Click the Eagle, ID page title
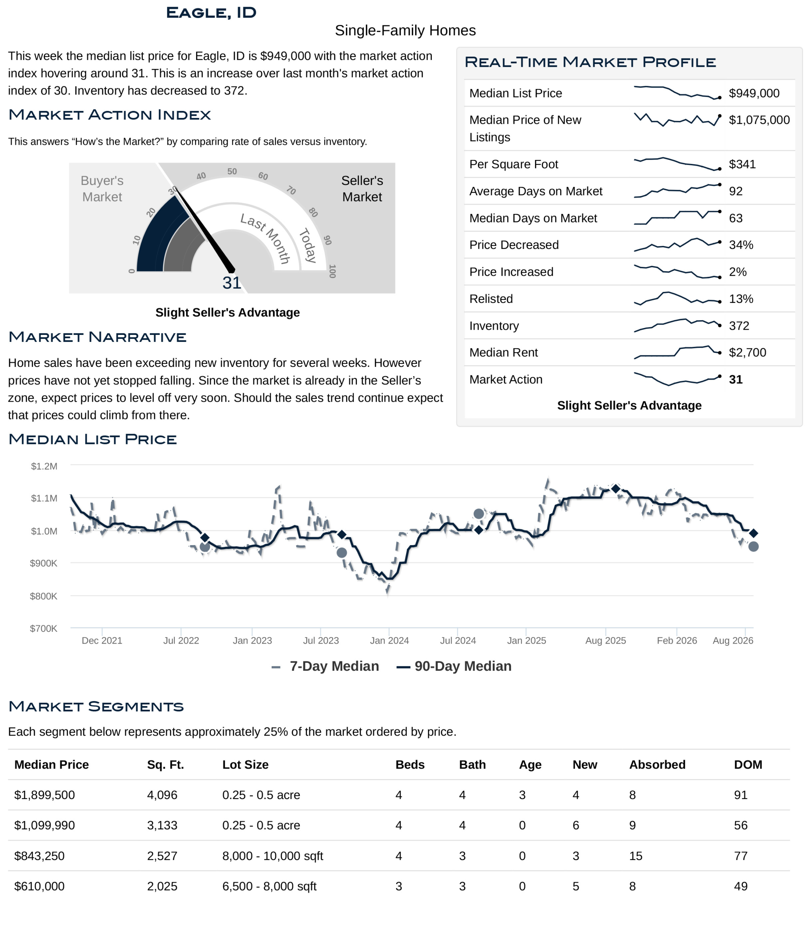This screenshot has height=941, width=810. pyautogui.click(x=211, y=13)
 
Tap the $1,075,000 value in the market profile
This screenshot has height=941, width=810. pyautogui.click(x=759, y=120)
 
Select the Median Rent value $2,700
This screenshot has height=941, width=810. pyautogui.click(x=747, y=353)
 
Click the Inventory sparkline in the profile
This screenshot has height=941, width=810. pyautogui.click(x=677, y=325)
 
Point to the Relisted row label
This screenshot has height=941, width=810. pyautogui.click(x=491, y=299)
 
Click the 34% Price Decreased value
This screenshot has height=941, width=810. pyautogui.click(x=741, y=245)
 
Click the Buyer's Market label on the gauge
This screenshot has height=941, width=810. pyautogui.click(x=102, y=189)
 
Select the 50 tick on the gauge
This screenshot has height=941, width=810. pyautogui.click(x=232, y=172)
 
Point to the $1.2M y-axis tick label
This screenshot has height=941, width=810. pyautogui.click(x=44, y=466)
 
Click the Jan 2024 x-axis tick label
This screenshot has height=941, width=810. pyautogui.click(x=389, y=640)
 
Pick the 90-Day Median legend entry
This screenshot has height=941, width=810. pyautogui.click(x=454, y=666)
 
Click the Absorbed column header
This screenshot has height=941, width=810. pyautogui.click(x=657, y=765)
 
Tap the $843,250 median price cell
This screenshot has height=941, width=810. pyautogui.click(x=40, y=856)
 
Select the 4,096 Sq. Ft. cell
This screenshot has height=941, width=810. pyautogui.click(x=162, y=795)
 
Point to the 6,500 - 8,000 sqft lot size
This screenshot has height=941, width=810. pyautogui.click(x=269, y=887)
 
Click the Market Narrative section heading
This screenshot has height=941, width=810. pyautogui.click(x=98, y=337)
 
